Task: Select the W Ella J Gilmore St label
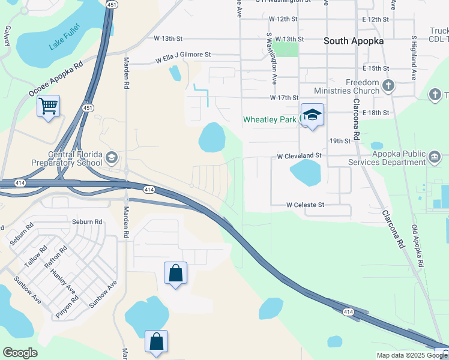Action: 183,58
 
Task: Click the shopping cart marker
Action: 48,107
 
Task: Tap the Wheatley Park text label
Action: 270,119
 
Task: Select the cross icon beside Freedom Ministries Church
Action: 388,86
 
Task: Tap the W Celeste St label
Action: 305,205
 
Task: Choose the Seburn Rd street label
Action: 83,222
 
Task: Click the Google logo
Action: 20,352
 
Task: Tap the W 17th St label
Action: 284,97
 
